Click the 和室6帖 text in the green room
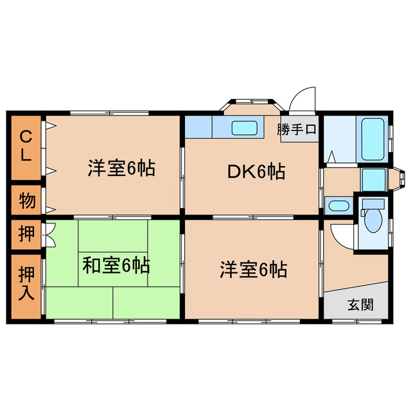(x=116, y=265)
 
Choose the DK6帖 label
(x=256, y=171)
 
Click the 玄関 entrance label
(x=359, y=305)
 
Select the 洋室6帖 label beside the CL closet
(x=122, y=169)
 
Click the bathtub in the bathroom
(x=372, y=139)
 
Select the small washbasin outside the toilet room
(x=338, y=206)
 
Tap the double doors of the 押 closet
(x=49, y=235)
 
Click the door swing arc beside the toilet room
(x=340, y=234)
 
